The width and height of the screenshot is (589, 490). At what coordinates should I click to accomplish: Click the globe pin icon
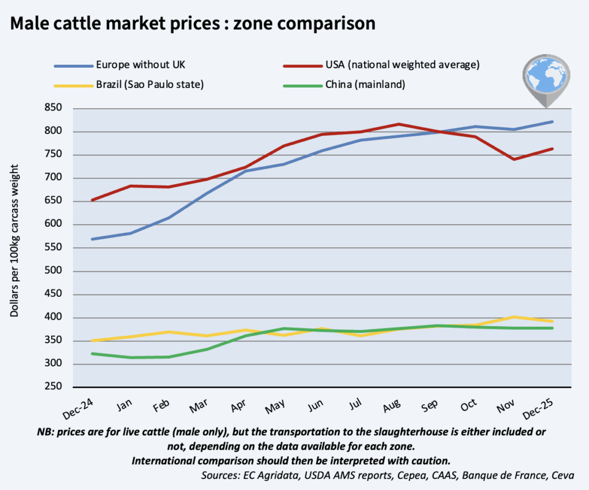coord(544,79)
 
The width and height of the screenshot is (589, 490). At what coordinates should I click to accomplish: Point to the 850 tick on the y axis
coord(60,109)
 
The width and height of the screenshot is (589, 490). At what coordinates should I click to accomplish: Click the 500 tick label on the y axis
coord(60,271)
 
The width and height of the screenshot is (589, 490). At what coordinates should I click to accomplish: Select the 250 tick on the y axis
coord(60,388)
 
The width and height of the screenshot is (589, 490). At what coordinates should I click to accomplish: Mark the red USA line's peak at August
coord(400,124)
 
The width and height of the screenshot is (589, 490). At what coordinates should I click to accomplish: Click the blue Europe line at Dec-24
coord(92,239)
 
